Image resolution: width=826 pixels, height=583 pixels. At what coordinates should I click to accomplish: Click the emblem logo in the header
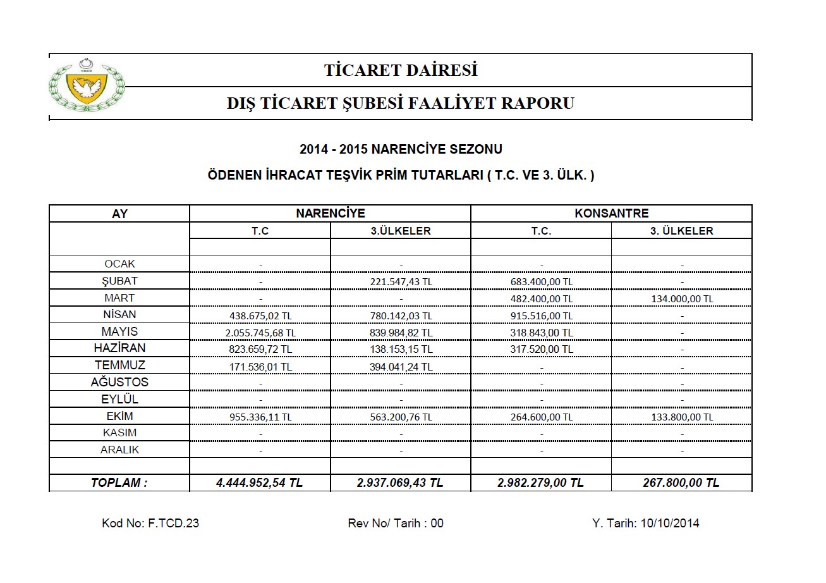click(x=86, y=87)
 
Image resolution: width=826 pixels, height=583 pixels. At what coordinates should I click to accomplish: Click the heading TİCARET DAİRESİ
click(x=401, y=70)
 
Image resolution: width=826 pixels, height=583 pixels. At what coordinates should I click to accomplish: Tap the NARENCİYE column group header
click(x=330, y=214)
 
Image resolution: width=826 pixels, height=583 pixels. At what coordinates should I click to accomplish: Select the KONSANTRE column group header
click(x=611, y=214)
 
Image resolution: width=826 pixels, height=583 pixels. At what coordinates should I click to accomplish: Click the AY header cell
click(x=119, y=214)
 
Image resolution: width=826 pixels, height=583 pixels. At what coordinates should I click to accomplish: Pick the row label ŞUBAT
click(x=119, y=281)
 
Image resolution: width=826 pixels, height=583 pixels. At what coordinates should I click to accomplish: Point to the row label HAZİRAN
click(x=119, y=348)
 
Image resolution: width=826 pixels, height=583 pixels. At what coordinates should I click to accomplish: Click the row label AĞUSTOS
click(x=119, y=382)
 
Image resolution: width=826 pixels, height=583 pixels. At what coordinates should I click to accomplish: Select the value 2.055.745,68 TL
click(x=260, y=332)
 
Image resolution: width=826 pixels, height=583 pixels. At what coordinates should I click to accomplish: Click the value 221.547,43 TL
click(x=401, y=281)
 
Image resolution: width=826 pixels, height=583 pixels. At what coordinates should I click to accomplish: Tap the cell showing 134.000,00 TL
click(x=681, y=298)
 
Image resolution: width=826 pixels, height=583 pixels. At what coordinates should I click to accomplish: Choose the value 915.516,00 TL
click(x=541, y=315)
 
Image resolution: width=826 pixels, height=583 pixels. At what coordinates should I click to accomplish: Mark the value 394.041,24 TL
click(x=401, y=366)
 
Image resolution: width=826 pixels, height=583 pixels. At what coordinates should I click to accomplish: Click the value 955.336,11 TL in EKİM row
click(x=260, y=417)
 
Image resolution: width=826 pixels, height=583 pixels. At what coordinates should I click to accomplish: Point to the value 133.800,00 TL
click(x=681, y=417)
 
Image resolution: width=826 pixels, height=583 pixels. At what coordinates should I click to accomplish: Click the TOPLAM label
click(x=119, y=483)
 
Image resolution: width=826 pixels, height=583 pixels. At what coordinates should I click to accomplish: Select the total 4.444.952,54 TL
click(x=260, y=483)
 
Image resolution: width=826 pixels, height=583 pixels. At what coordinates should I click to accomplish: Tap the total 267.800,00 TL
click(x=681, y=483)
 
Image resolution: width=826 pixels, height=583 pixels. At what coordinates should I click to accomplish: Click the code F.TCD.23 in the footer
click(x=173, y=524)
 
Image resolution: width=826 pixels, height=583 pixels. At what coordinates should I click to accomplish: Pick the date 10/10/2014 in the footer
click(x=670, y=524)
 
